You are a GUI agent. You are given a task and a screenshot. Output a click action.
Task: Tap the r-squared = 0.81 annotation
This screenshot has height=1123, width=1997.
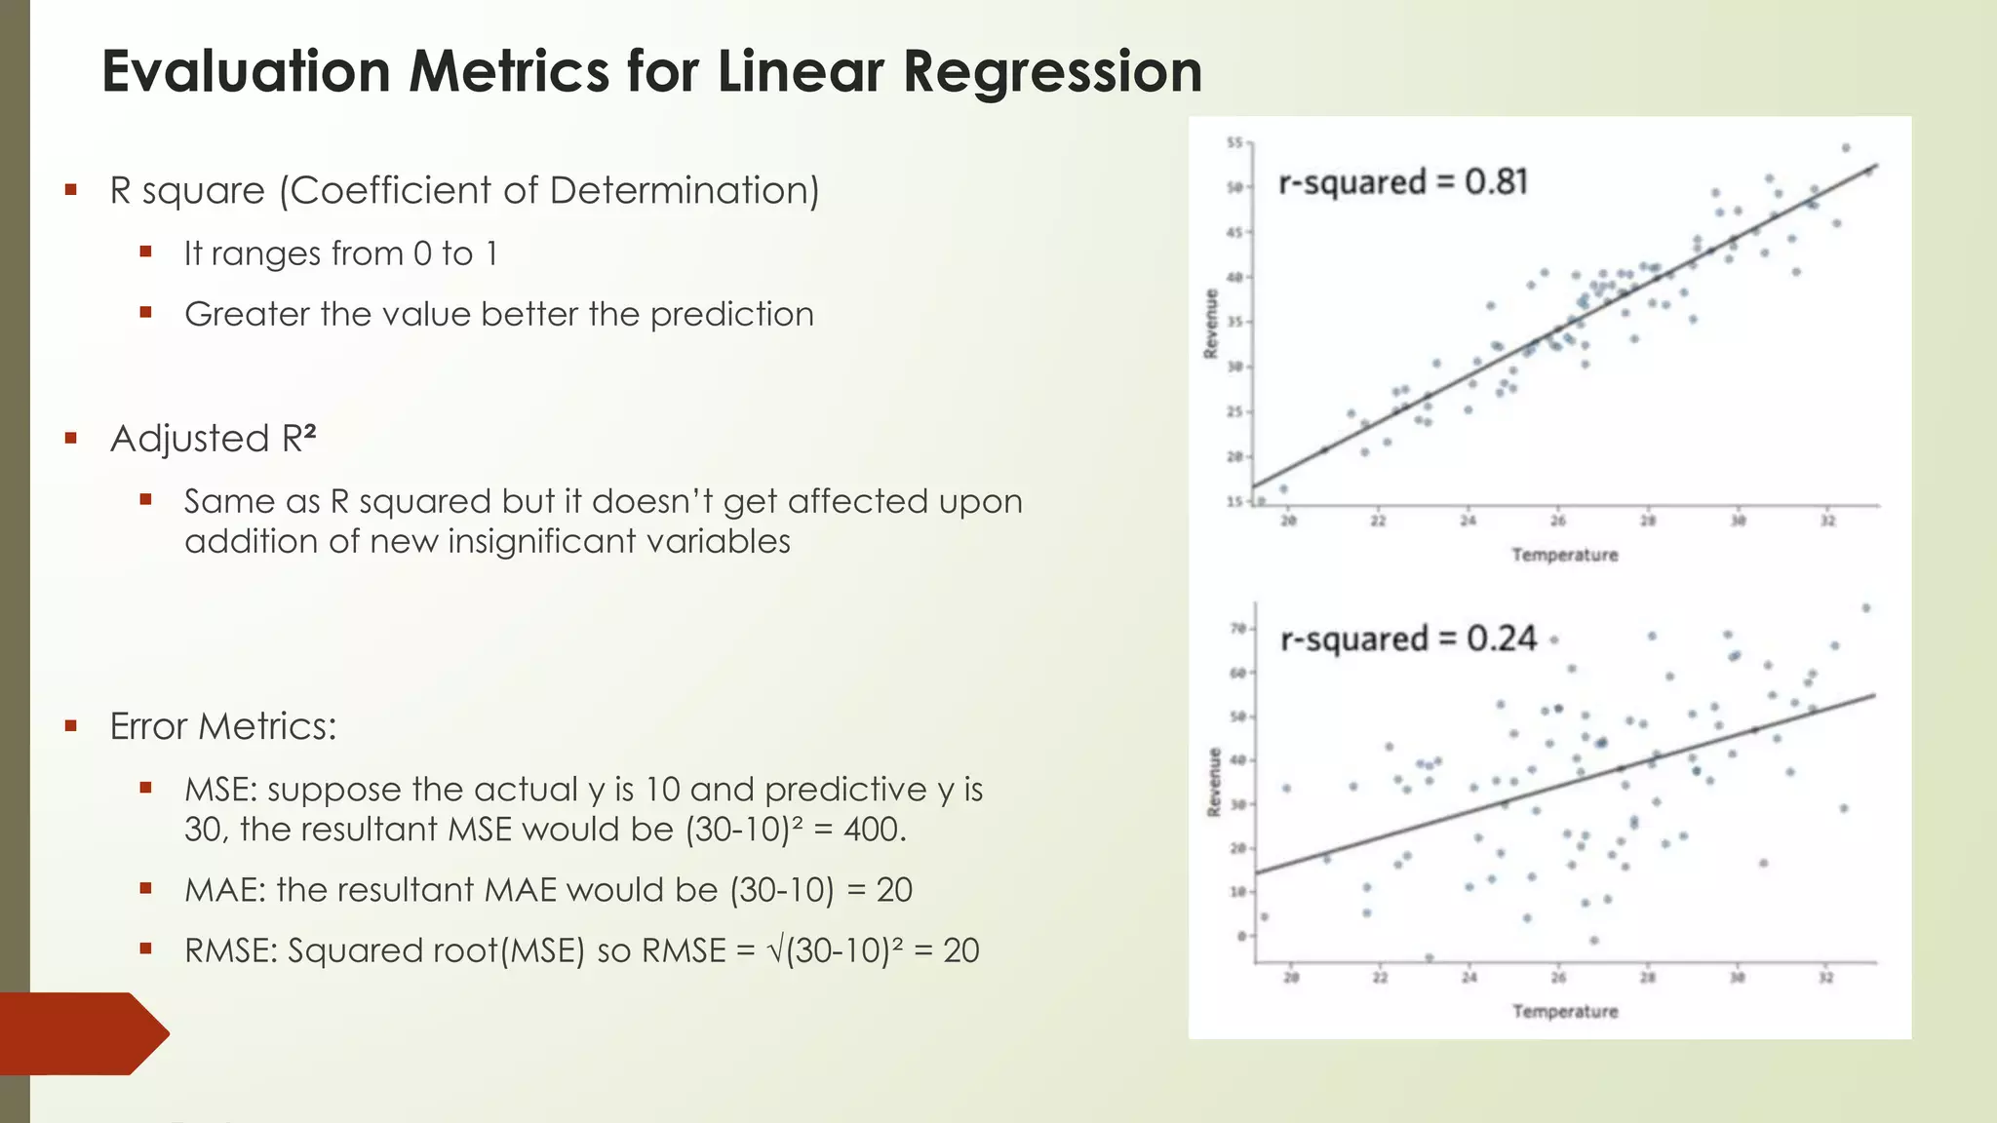[x=1402, y=182]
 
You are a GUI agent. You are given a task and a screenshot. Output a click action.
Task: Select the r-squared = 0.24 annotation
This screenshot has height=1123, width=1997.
[x=1408, y=639]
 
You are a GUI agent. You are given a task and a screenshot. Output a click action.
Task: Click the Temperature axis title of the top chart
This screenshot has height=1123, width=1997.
[x=1564, y=555]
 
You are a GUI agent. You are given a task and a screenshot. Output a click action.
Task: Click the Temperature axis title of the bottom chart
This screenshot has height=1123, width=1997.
[x=1564, y=1012]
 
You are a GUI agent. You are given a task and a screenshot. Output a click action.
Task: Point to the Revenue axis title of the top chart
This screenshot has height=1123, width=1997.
[x=1211, y=324]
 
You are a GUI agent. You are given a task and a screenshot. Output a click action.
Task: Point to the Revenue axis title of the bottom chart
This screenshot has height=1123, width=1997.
[x=1214, y=782]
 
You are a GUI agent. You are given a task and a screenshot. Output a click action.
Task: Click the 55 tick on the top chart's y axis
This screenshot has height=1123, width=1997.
[x=1234, y=143]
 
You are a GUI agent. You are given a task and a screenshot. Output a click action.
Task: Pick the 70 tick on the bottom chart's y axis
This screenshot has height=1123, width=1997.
[x=1237, y=629]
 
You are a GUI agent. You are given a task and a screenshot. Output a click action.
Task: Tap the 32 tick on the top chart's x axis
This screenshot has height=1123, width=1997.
[x=1827, y=522]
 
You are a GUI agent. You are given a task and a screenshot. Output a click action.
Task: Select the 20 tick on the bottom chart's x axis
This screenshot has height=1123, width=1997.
[x=1291, y=978]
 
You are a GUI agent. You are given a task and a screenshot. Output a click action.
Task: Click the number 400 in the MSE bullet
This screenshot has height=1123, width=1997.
[x=872, y=830]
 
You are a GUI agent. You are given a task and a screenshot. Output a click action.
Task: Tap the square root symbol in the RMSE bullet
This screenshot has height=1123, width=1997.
[x=775, y=951]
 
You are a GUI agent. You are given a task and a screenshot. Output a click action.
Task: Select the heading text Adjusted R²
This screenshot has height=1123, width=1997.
[x=213, y=439]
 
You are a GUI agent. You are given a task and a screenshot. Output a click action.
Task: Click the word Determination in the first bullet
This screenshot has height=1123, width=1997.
[x=684, y=190]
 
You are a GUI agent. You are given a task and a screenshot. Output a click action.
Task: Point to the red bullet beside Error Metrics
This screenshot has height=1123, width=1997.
[x=70, y=726]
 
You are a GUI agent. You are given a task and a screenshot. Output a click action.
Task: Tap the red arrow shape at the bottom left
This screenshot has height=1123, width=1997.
[x=83, y=1033]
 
